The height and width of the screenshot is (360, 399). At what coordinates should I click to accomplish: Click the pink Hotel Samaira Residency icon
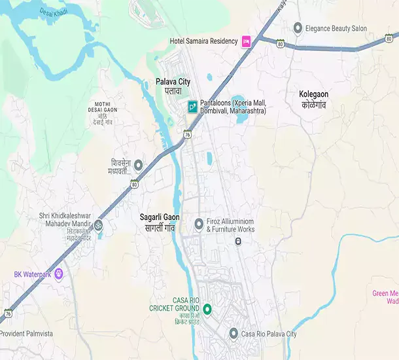click(x=247, y=41)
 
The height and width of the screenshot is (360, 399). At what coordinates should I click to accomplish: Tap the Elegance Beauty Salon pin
click(x=298, y=28)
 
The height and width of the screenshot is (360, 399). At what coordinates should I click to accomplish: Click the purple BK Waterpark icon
click(x=59, y=273)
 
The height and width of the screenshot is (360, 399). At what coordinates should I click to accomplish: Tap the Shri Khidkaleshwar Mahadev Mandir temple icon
click(x=98, y=225)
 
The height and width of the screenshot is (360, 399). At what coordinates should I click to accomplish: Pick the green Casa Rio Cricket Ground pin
click(x=207, y=309)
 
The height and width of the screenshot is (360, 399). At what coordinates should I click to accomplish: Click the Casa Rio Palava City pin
click(x=234, y=334)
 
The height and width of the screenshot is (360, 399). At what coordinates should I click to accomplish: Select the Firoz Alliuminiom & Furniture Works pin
click(x=199, y=225)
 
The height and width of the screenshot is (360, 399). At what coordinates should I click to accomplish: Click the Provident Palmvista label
click(x=26, y=334)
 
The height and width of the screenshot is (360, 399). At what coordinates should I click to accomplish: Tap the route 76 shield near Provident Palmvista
click(x=7, y=313)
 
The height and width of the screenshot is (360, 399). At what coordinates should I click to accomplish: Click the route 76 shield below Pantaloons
click(x=187, y=135)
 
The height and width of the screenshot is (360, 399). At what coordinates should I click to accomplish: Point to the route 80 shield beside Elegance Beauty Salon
click(x=280, y=45)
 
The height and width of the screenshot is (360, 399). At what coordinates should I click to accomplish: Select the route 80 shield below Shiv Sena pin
click(x=134, y=184)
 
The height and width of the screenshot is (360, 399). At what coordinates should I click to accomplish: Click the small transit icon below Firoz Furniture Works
click(x=238, y=242)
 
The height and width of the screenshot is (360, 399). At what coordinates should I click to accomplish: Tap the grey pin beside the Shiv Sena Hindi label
click(x=138, y=166)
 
